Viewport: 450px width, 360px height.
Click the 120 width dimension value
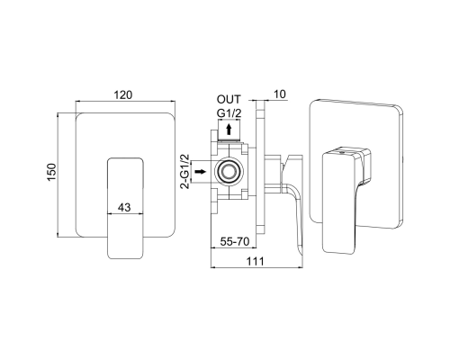pos(123,94)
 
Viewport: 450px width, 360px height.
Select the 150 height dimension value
pos(51,172)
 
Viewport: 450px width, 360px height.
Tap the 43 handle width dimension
pos(124,207)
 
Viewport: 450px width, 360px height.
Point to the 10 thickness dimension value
pos(280,94)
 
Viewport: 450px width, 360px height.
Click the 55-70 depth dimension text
pos(235,241)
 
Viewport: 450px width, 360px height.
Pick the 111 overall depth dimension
pos(256,261)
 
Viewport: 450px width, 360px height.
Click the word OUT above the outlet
pos(229,99)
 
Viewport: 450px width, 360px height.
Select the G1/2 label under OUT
pos(229,113)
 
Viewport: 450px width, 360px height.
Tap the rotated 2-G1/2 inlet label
pos(184,171)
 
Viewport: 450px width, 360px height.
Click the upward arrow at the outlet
pos(229,130)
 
